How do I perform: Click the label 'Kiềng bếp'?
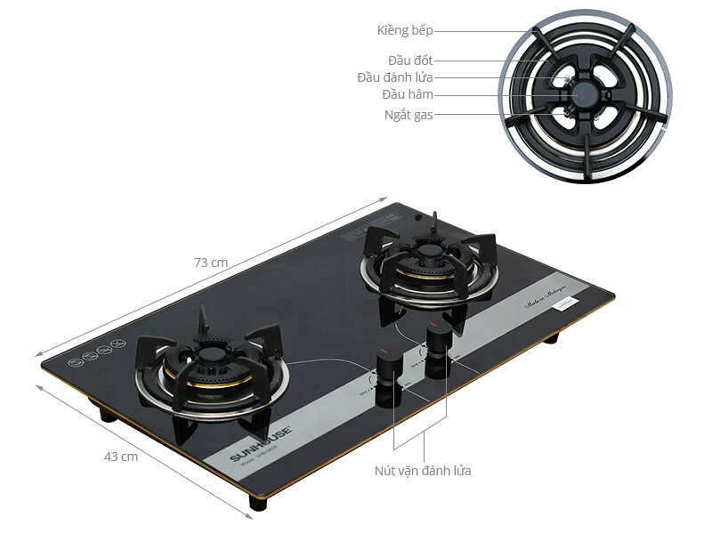(404, 31)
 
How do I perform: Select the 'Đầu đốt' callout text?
(410, 60)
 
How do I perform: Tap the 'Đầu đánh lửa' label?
(395, 77)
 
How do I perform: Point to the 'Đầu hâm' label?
(408, 95)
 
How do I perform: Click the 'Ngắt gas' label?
(409, 115)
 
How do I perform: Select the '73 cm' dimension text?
(212, 263)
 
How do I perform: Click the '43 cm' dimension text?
(121, 457)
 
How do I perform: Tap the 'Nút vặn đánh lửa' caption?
(424, 470)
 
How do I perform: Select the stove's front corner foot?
(258, 504)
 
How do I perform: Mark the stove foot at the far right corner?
(551, 337)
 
